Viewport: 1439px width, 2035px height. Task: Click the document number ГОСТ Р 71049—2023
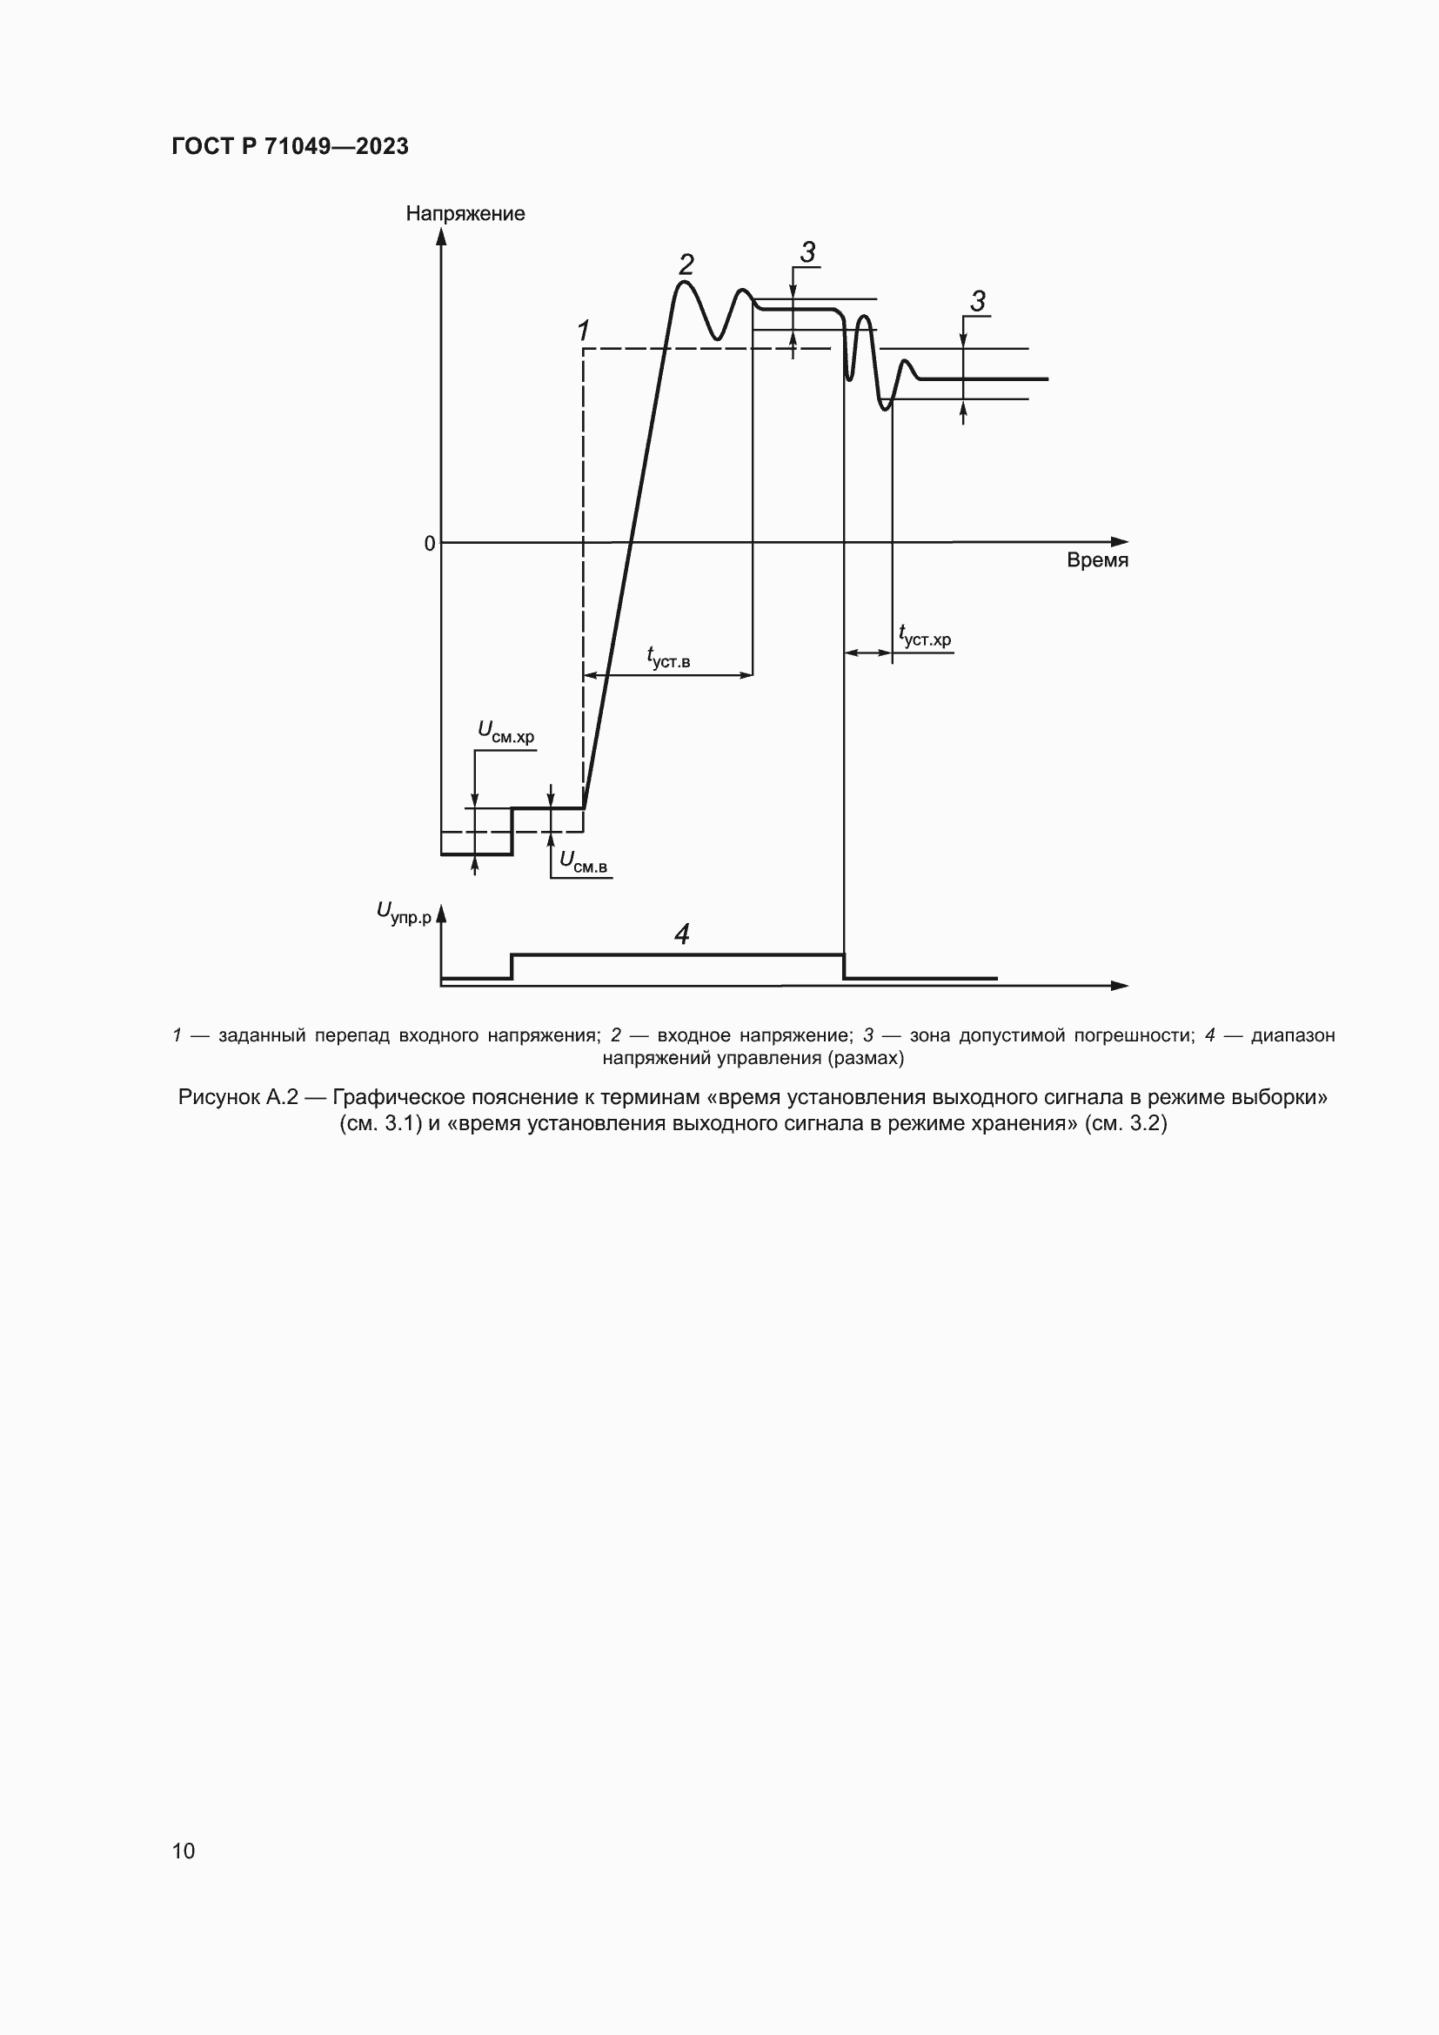point(290,146)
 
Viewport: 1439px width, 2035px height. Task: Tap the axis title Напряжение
point(465,214)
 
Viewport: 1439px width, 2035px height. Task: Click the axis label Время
point(1097,560)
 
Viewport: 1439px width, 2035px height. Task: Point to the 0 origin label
point(430,543)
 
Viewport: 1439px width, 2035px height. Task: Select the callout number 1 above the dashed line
point(583,331)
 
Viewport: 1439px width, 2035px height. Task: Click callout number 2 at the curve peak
point(686,264)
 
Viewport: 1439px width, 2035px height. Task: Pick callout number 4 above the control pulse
point(681,934)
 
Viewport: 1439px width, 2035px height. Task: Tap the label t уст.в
point(669,659)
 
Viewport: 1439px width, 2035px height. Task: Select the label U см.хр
point(506,733)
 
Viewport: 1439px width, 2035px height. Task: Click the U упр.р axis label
point(403,913)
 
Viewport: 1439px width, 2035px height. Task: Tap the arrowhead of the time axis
point(1121,541)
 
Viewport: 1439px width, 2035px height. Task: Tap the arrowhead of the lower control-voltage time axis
point(1120,985)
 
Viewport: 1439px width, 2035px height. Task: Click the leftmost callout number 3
point(807,252)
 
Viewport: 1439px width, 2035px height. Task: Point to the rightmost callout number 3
point(977,301)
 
